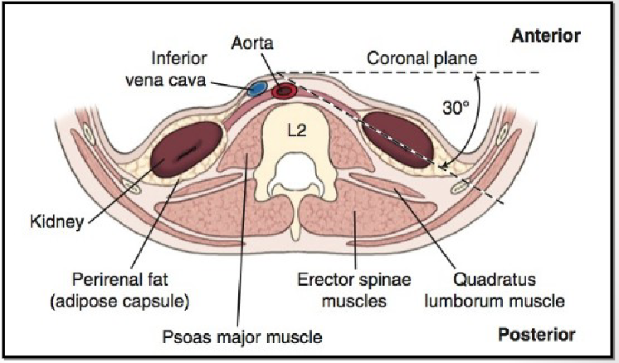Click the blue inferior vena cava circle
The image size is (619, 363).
coord(258,86)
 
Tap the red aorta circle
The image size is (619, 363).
coord(285,90)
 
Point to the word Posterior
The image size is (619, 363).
coord(538,335)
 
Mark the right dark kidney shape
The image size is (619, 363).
coord(399,138)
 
